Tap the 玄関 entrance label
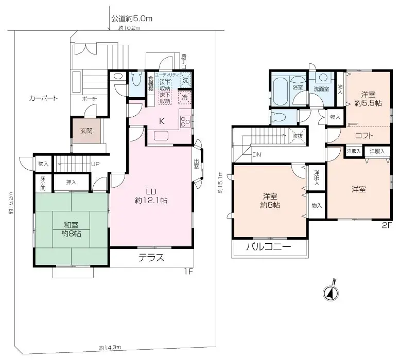(x=86, y=131)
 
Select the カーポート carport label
(x=43, y=98)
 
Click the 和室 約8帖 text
(x=72, y=228)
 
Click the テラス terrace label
(x=151, y=258)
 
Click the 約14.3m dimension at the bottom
(x=110, y=347)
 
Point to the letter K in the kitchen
(x=161, y=121)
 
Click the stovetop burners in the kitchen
(x=185, y=122)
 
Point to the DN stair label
(x=256, y=154)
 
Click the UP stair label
(x=95, y=164)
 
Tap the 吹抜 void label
(x=298, y=136)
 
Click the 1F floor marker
(x=188, y=271)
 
